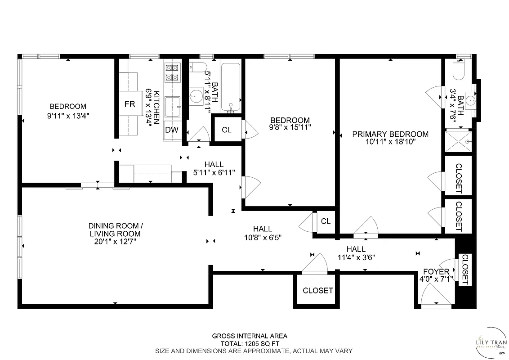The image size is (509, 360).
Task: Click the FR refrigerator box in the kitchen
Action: [x=129, y=104]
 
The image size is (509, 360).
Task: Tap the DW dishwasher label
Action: [x=172, y=130]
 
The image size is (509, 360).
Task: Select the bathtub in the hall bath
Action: [x=232, y=87]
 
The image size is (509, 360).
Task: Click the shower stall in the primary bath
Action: [x=459, y=141]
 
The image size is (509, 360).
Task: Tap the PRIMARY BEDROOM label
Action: [x=390, y=134]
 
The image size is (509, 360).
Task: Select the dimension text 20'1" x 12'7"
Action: [x=114, y=242]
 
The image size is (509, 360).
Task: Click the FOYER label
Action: [x=436, y=272]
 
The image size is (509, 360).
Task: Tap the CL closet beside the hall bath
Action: [x=227, y=130]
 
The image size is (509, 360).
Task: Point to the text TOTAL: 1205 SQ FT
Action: [x=250, y=343]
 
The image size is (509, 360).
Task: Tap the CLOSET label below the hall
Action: [x=317, y=291]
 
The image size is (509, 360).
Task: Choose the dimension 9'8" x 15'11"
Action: [x=290, y=128]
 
